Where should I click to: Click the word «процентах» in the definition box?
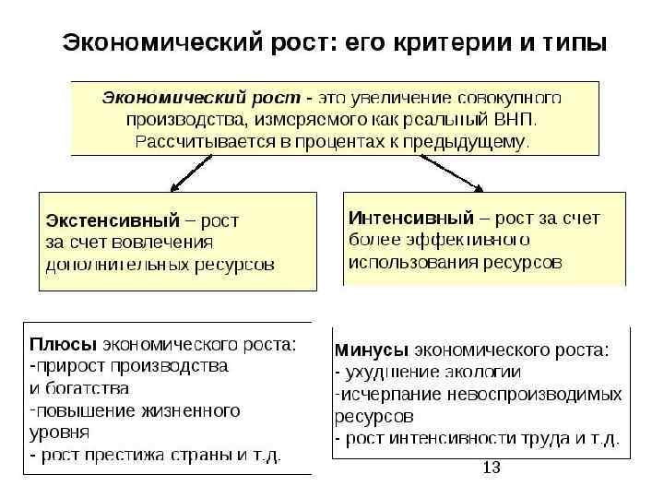pos(298,142)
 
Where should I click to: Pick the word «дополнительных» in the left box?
pos(113,264)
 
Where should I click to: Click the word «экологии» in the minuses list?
pos(476,372)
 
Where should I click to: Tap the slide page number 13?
pos(491,468)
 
